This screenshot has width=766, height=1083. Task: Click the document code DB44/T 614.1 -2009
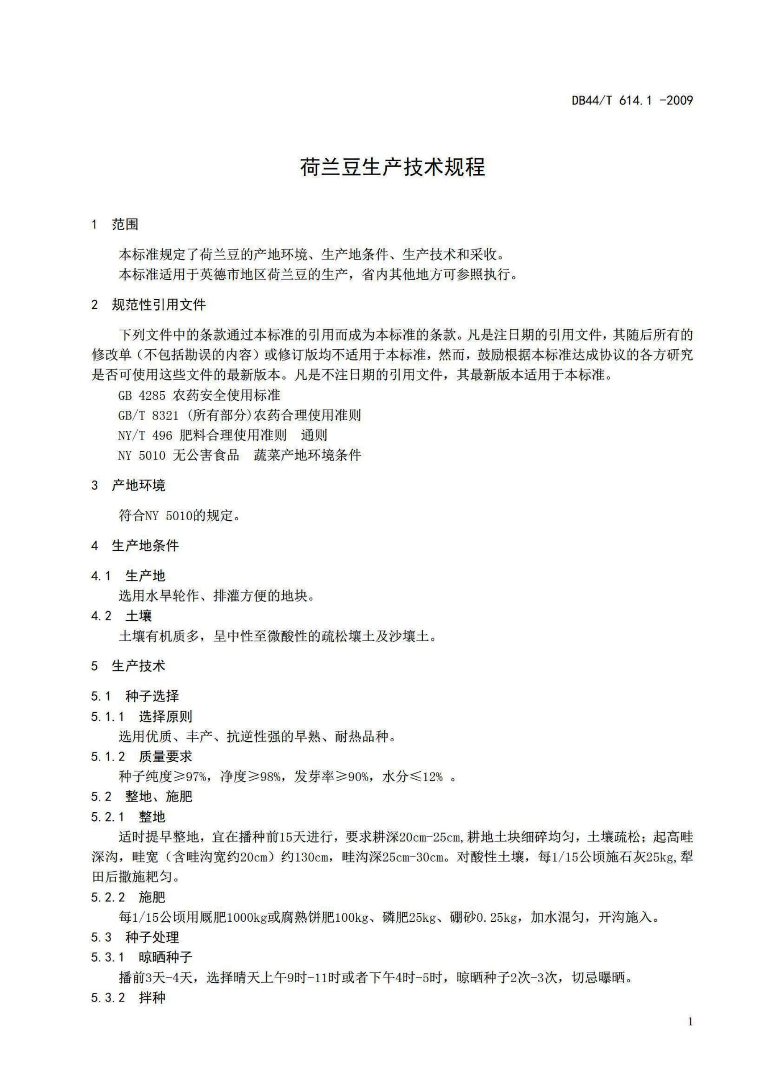point(632,100)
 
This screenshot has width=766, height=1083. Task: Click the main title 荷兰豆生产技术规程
point(392,168)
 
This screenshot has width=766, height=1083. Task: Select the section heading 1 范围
point(115,224)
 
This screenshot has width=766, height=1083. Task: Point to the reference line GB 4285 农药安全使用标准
point(199,395)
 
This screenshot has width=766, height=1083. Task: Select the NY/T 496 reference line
point(222,435)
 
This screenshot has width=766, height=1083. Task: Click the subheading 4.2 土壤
point(121,615)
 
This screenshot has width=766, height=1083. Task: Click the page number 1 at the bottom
point(690,1035)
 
